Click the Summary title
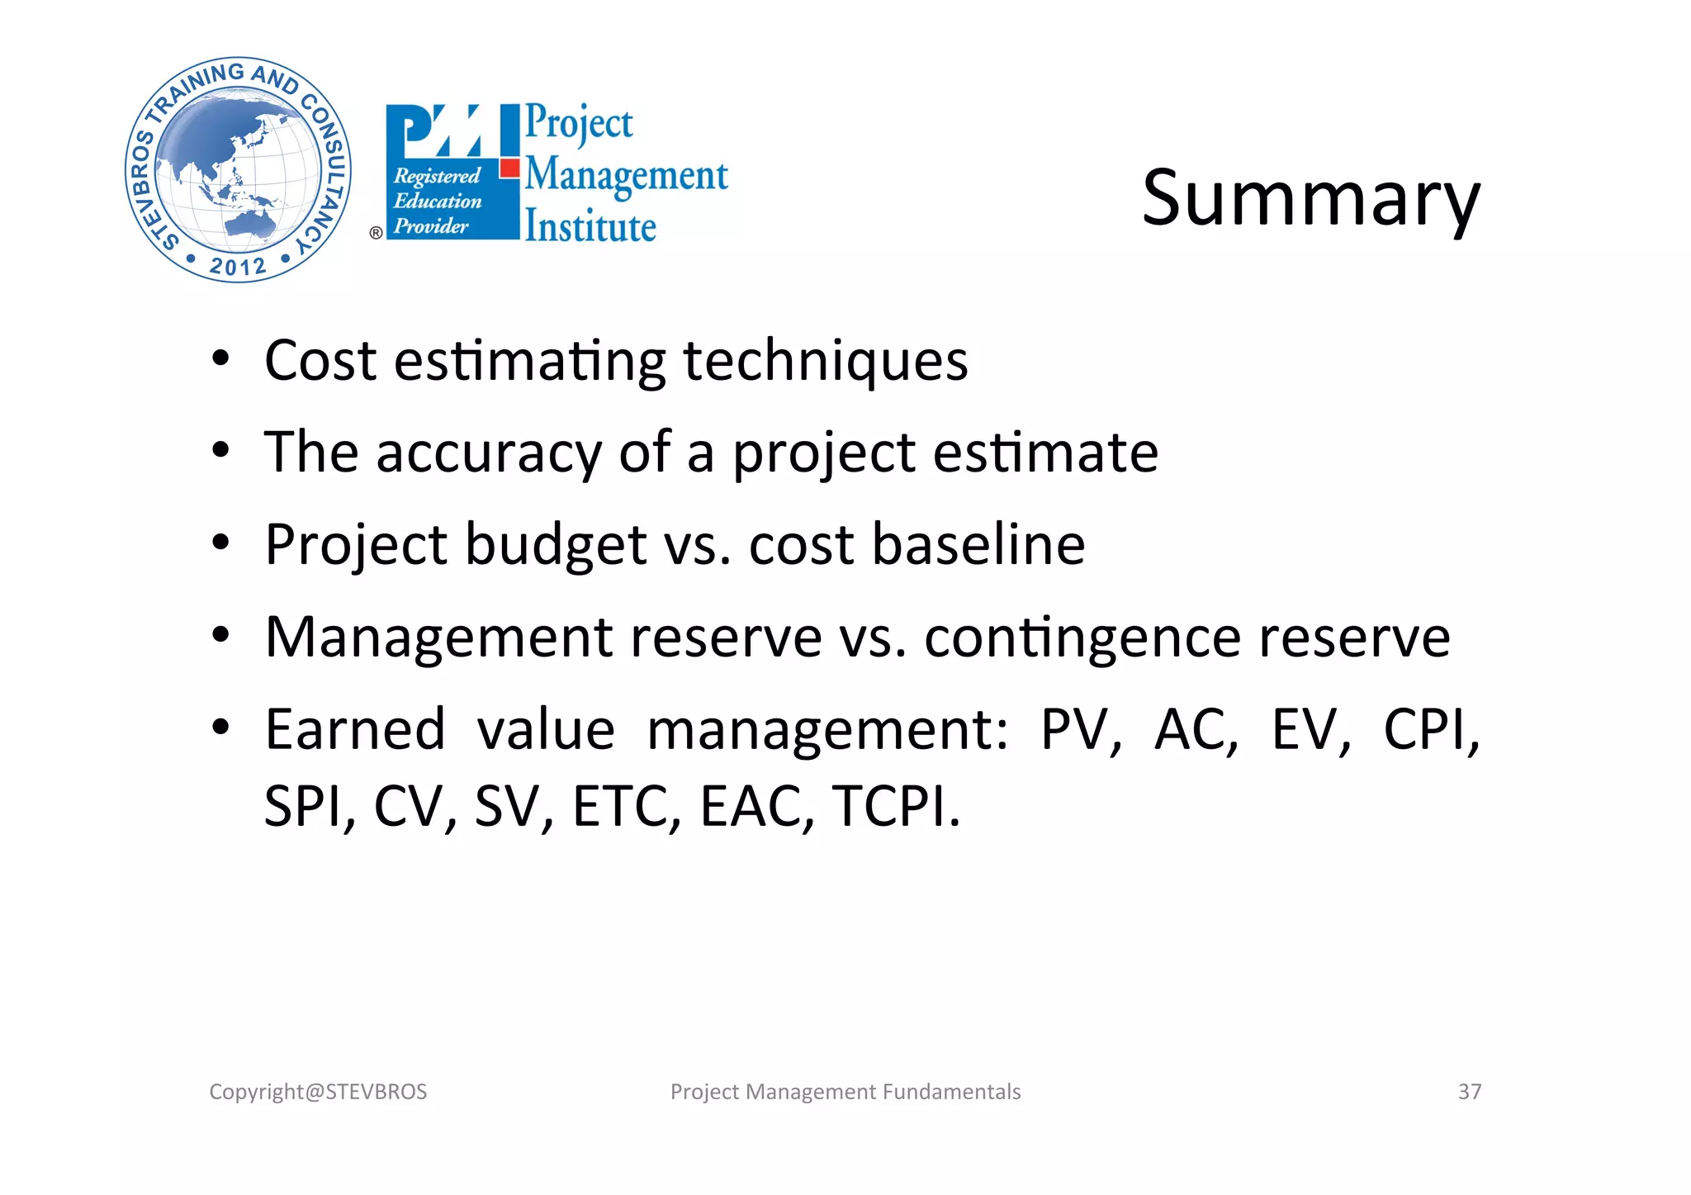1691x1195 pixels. pyautogui.click(x=1310, y=199)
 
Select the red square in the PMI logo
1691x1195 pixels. pyautogui.click(x=510, y=168)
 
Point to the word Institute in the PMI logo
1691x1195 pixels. pyautogui.click(x=590, y=226)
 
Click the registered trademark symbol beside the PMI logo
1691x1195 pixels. pyautogui.click(x=376, y=233)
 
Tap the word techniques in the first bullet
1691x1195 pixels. pyautogui.click(x=826, y=361)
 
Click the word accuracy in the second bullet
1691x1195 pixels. pyautogui.click(x=489, y=453)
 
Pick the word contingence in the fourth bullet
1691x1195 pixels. pyautogui.click(x=1082, y=638)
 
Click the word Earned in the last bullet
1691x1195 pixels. pyautogui.click(x=355, y=729)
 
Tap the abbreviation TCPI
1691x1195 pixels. pyautogui.click(x=896, y=806)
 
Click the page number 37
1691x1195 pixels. pyautogui.click(x=1469, y=1092)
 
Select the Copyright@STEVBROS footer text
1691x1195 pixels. pyautogui.click(x=318, y=1092)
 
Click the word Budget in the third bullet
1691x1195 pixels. pyautogui.click(x=556, y=545)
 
